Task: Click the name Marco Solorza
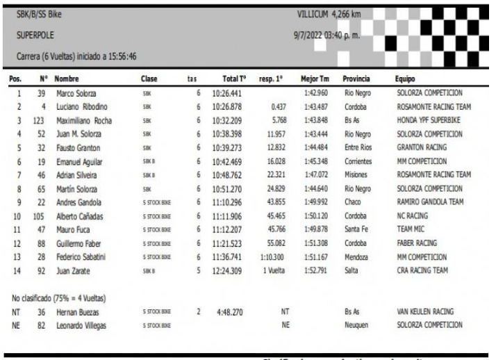pos(76,92)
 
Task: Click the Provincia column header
pos(358,80)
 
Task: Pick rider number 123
pos(40,120)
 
